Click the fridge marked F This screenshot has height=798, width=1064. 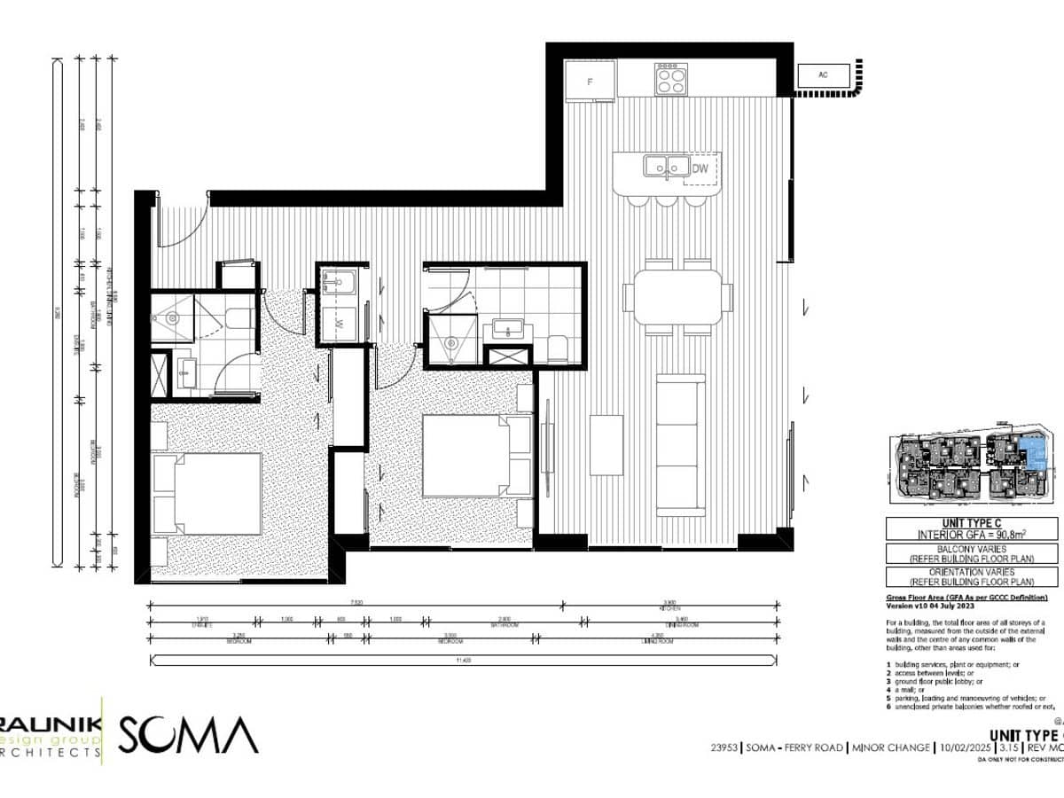[590, 82]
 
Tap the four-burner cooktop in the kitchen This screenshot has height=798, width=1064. [671, 80]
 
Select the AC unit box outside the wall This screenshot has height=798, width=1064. [823, 77]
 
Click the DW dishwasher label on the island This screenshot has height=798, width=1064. [700, 168]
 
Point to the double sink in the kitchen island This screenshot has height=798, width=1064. [667, 167]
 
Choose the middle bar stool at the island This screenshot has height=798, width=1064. [666, 200]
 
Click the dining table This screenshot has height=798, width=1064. [677, 297]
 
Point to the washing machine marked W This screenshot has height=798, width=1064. [341, 321]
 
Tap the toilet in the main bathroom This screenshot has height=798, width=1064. [558, 348]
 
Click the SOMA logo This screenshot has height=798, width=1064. [188, 735]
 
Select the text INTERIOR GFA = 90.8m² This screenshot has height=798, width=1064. [972, 535]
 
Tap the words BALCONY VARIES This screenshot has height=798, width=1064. [972, 550]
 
